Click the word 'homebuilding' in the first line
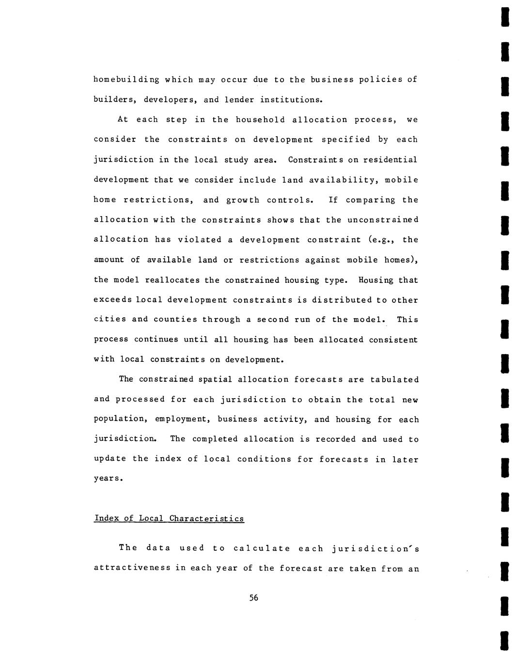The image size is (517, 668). [126, 80]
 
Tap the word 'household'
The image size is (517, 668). [261, 120]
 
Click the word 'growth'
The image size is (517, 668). [243, 200]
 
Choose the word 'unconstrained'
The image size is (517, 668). [383, 220]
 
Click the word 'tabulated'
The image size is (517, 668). [394, 379]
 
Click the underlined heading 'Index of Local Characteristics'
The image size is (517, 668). [169, 519]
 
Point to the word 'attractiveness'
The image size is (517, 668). [132, 568]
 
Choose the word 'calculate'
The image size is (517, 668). [262, 548]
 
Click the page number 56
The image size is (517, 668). [254, 598]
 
